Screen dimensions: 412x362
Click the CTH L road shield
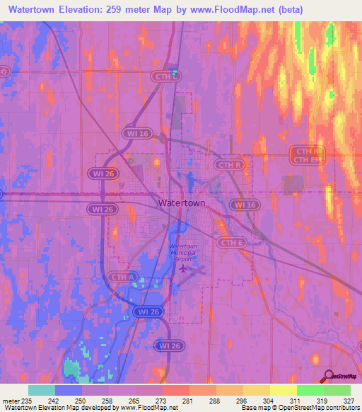[x=166, y=76]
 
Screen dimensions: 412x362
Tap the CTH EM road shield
[x=308, y=160]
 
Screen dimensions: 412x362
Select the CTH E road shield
[x=231, y=243]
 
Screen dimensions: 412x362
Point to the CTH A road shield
[x=122, y=276]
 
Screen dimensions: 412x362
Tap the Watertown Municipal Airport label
[x=183, y=253]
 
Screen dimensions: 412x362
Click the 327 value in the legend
[x=349, y=401]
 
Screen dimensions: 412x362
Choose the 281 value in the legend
[x=187, y=401]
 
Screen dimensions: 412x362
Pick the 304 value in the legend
[x=268, y=401]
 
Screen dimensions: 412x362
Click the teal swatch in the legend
[x=41, y=390]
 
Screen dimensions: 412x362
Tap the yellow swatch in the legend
[x=283, y=390]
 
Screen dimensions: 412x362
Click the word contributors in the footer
[x=341, y=408]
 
